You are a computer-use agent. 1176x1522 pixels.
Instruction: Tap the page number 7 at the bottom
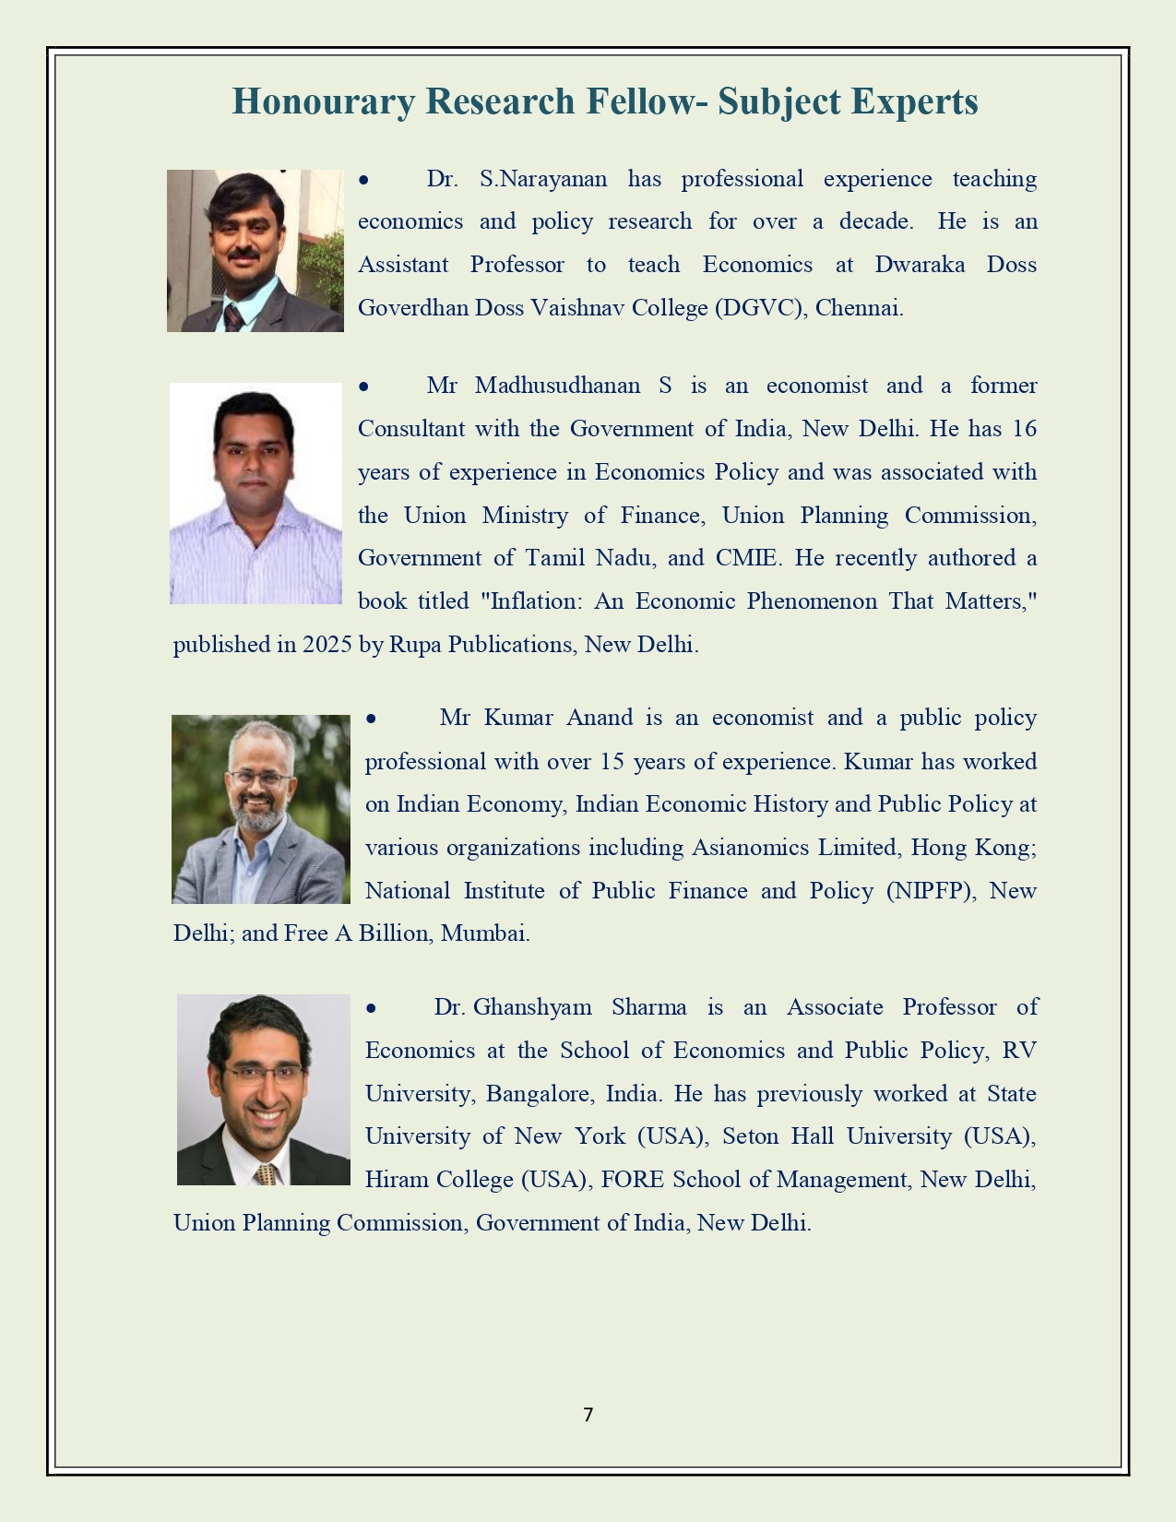click(x=588, y=1414)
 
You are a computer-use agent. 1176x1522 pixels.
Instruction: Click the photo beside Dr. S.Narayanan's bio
click(x=255, y=251)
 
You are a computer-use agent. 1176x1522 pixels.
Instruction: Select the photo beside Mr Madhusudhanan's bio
click(x=255, y=493)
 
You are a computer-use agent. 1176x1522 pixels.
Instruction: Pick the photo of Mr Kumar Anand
click(x=261, y=809)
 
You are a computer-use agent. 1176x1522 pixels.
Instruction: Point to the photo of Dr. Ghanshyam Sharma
click(x=264, y=1089)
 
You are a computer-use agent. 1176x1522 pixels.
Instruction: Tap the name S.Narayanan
click(x=543, y=179)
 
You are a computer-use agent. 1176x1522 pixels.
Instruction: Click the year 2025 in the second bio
click(x=327, y=645)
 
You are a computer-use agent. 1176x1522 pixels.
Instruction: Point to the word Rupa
click(x=415, y=645)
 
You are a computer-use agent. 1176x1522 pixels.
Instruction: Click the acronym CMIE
click(x=746, y=558)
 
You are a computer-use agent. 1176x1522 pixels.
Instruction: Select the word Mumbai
click(x=484, y=933)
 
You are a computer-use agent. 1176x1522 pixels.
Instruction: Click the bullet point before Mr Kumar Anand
click(x=371, y=719)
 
